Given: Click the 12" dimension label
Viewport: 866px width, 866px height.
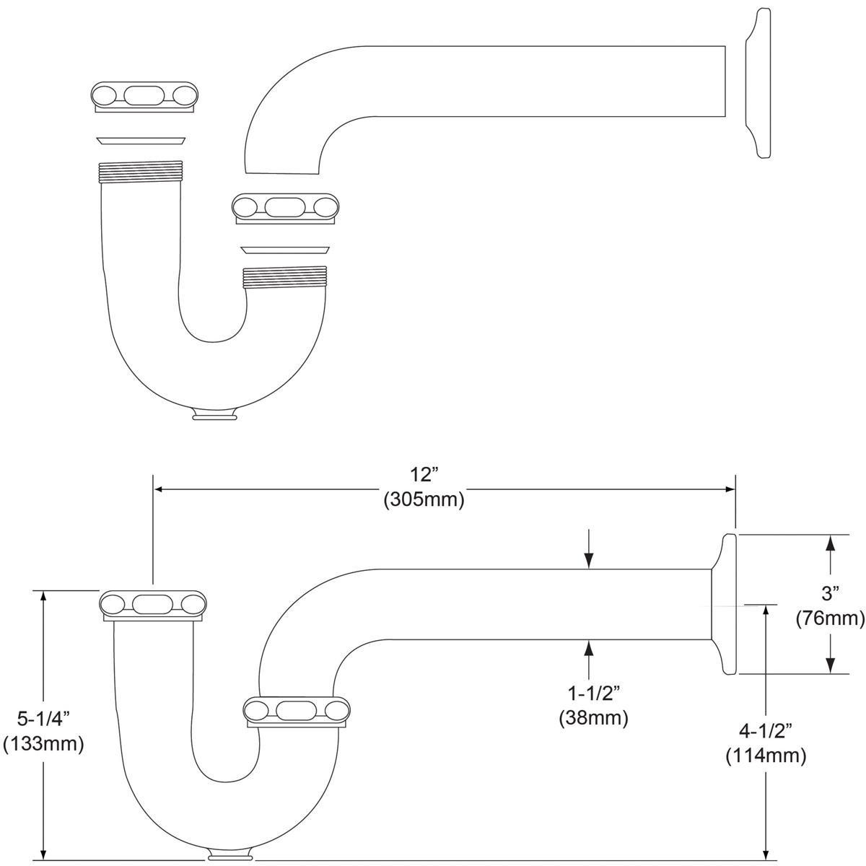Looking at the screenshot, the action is (x=424, y=475).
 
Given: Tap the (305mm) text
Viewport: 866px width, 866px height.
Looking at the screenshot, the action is (x=424, y=499).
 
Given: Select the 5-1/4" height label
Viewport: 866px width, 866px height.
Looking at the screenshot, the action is (x=44, y=719).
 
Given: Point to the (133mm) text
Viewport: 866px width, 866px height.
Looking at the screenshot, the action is (x=43, y=744).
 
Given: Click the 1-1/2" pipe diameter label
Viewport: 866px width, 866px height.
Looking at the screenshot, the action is (x=594, y=694).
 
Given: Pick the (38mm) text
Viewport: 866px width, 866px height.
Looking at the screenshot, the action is (x=594, y=718).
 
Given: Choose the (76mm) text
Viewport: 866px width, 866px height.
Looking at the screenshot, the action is (x=831, y=618).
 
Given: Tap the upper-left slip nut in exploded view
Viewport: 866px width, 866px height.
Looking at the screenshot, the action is (x=145, y=97).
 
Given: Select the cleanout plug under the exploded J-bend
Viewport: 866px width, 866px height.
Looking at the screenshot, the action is (x=215, y=414).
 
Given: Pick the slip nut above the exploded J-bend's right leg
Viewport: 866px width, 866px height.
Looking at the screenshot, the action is (x=285, y=209).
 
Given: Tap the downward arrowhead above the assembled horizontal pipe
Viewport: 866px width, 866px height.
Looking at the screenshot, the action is (x=589, y=561).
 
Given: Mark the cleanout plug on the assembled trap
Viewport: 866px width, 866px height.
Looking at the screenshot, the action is (x=230, y=851).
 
